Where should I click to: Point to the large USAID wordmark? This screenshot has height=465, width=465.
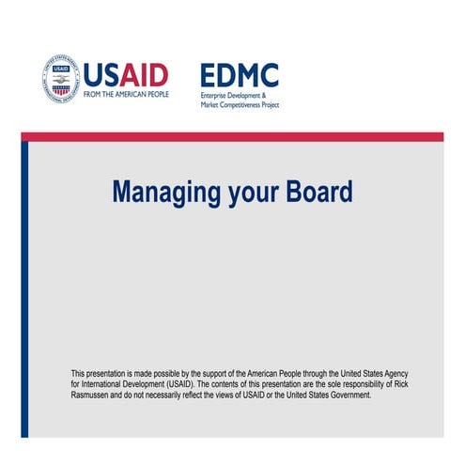coord(125,73)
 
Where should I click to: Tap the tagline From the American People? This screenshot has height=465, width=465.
coord(125,94)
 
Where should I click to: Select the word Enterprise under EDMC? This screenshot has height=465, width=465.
coord(216,96)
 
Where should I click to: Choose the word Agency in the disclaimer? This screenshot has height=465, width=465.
coord(410,374)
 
